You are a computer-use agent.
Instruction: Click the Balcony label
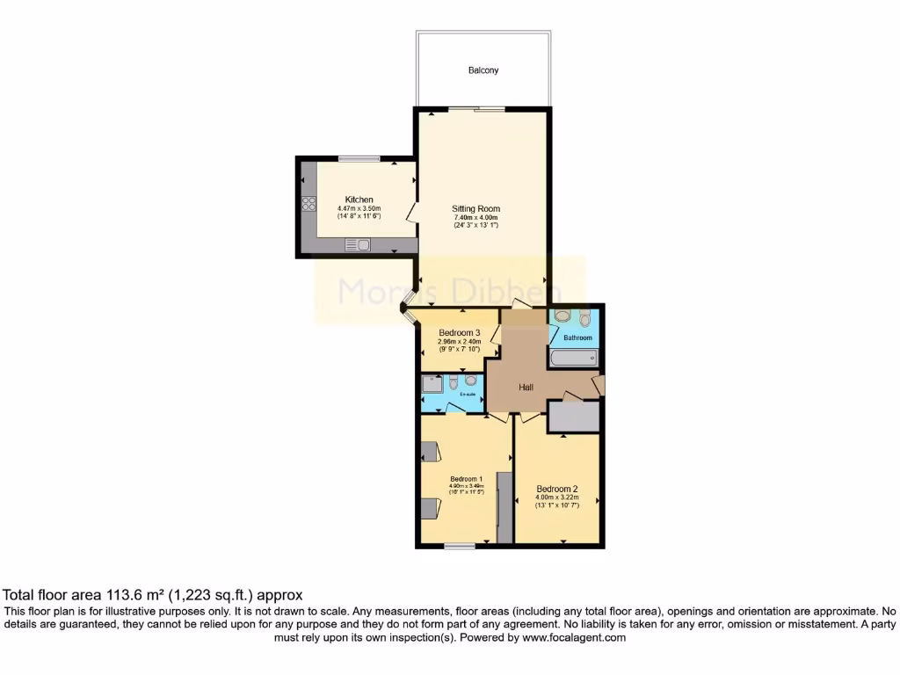click(483, 69)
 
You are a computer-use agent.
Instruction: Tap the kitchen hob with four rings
click(308, 204)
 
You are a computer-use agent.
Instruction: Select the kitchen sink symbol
click(358, 245)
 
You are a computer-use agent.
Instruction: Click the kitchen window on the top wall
click(359, 159)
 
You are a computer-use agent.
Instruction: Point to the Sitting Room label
click(475, 209)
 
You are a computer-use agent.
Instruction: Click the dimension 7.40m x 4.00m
click(475, 218)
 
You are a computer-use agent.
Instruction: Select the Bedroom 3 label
click(460, 332)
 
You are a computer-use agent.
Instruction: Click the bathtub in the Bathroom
click(573, 358)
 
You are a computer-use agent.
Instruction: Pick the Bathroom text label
click(577, 337)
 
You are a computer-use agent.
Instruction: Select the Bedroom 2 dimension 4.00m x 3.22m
click(557, 497)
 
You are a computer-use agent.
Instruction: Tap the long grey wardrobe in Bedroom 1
click(504, 507)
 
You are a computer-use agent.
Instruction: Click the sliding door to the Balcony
click(479, 108)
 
